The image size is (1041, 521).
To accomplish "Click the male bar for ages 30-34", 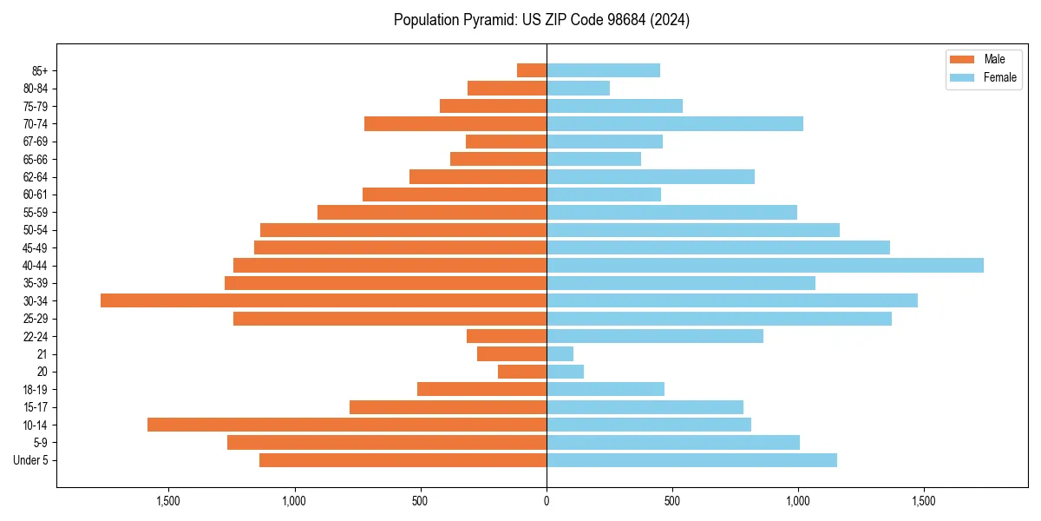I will point(324,300).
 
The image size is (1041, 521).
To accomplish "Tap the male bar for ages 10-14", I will point(347,425).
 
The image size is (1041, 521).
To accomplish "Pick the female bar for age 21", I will point(560,353).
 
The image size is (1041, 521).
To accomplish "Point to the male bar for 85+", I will point(532,70).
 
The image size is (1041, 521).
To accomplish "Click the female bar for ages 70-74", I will point(675,123).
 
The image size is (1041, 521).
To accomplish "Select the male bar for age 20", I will point(522,372).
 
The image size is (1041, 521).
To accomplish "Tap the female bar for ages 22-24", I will point(655,336).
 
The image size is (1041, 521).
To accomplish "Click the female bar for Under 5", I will point(691,460).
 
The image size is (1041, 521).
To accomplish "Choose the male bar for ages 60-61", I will point(455,195).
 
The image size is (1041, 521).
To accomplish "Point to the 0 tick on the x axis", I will point(547,501).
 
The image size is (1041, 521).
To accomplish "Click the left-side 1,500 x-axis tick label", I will point(168,501).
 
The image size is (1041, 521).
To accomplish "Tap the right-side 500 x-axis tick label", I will point(672,501).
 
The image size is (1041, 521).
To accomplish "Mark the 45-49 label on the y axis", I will point(36,247).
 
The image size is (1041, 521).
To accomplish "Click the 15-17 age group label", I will point(36,407).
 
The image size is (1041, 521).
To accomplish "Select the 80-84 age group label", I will point(36,89).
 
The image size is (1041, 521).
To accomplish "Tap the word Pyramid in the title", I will point(488,20).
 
